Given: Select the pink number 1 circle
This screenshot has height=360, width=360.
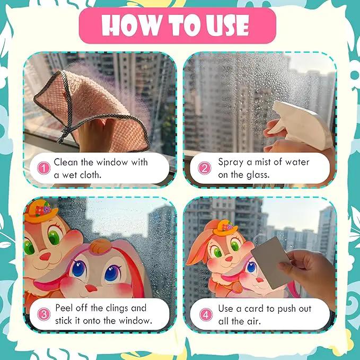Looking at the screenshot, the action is [x=43, y=168].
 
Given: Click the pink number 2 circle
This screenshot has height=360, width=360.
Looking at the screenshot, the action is [x=204, y=168].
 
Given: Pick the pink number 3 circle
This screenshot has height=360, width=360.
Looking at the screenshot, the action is [x=43, y=314].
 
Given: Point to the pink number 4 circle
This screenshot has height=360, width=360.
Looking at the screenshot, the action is [x=206, y=314].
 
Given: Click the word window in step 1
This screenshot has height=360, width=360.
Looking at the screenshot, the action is [x=112, y=162].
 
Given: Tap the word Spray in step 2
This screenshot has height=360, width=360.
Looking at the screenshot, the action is [x=231, y=163].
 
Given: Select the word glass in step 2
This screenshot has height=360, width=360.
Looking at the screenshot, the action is [x=258, y=175].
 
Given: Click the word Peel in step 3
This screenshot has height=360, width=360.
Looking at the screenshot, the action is [x=64, y=308].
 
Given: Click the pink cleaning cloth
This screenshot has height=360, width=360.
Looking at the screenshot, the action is [x=92, y=110].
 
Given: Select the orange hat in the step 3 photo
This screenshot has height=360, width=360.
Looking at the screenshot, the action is [x=40, y=211].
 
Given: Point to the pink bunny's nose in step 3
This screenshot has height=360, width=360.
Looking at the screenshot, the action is [x=91, y=288].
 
